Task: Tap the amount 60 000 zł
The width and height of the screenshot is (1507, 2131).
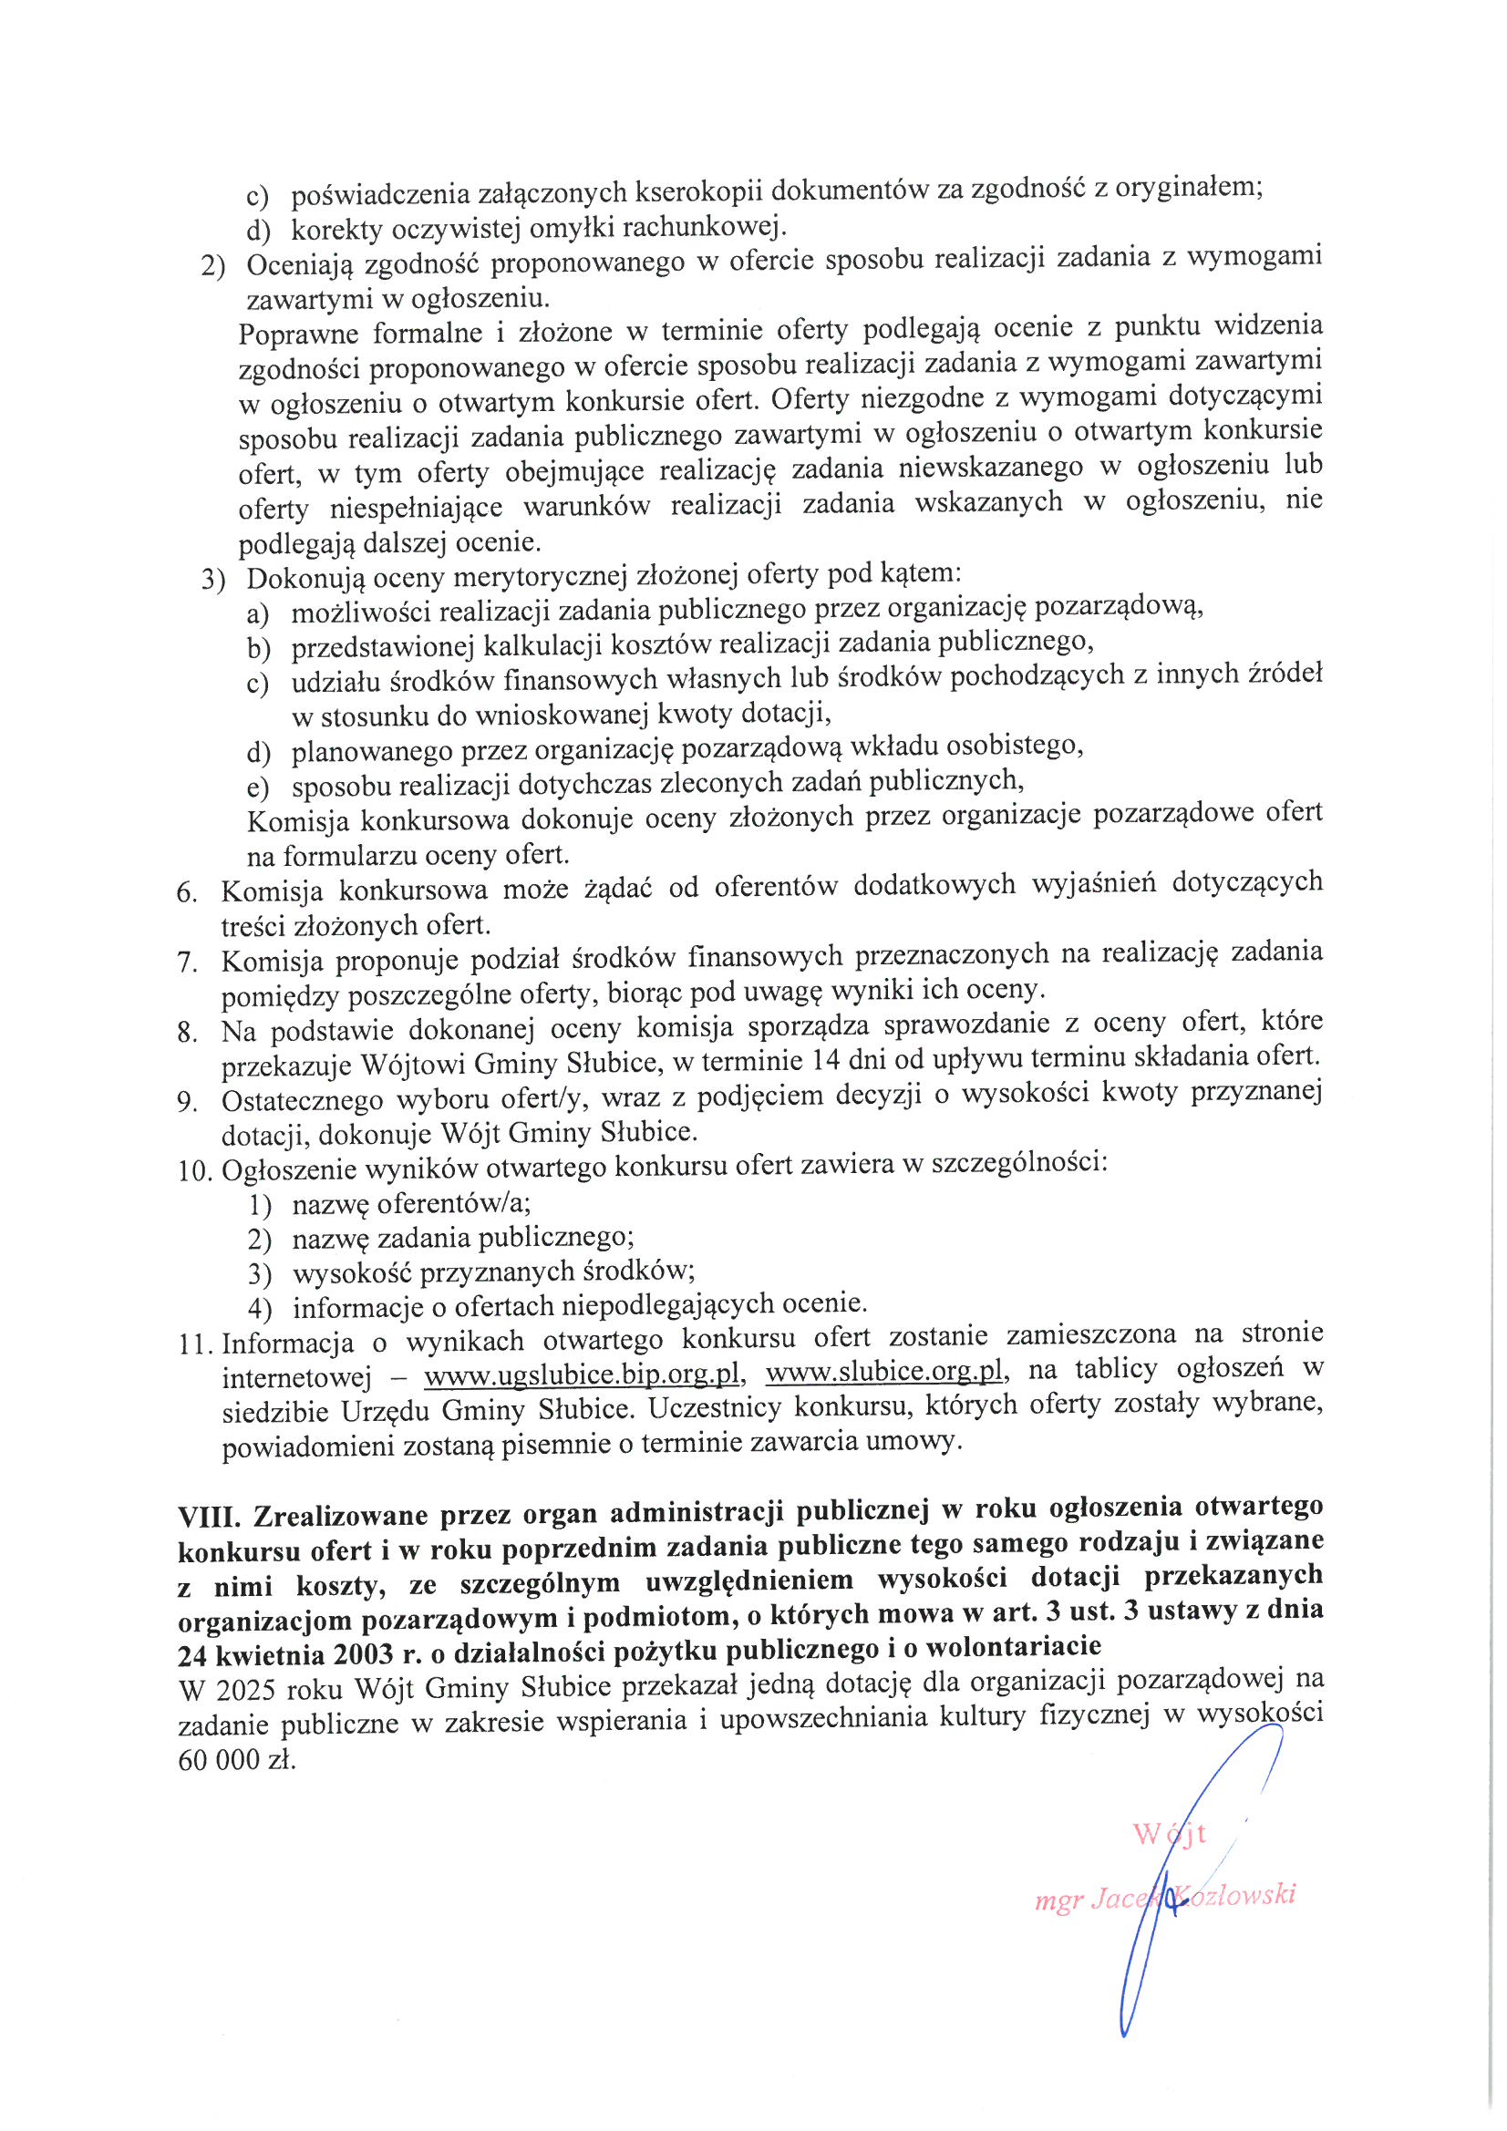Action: (236, 1760)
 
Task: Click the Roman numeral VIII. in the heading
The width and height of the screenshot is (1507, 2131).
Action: (208, 1517)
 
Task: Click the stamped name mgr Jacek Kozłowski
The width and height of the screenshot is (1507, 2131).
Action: (1165, 1899)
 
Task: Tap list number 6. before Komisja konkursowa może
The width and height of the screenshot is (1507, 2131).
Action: (188, 892)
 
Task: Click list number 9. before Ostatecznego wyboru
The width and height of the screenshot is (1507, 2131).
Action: (188, 1102)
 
